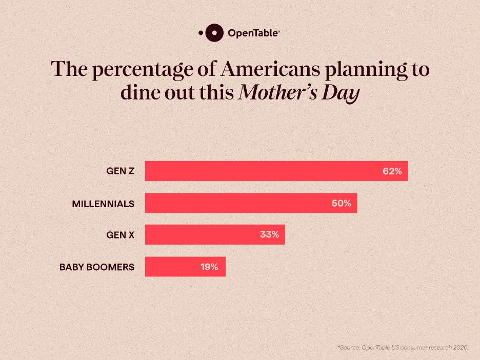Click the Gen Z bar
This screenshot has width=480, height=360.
[x=276, y=171]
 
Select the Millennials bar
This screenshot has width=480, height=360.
[x=251, y=203]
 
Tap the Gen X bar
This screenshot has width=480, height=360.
[x=215, y=235]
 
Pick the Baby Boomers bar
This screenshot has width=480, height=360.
[x=185, y=267]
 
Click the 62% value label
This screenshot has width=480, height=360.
[x=392, y=171]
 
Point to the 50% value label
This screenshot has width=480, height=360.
[x=341, y=203]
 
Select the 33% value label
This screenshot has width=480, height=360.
[x=269, y=235]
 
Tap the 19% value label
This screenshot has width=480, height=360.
[x=209, y=267]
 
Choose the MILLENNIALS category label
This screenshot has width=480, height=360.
[x=103, y=204]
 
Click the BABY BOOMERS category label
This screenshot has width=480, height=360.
[x=97, y=267]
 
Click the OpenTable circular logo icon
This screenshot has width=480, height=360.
[x=214, y=33]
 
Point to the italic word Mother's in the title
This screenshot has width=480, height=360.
[x=278, y=93]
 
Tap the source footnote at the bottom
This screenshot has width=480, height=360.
[x=403, y=348]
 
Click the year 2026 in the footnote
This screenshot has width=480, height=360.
[x=459, y=348]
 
